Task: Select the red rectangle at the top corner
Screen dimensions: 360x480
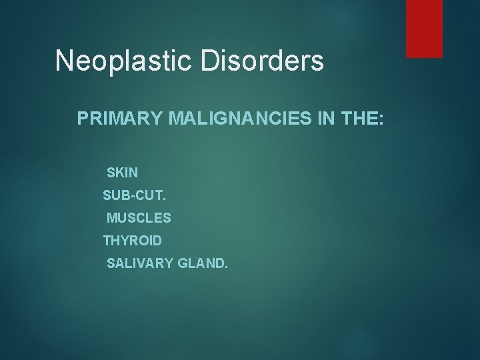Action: pos(425,28)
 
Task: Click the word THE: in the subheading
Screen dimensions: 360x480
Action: pos(357,119)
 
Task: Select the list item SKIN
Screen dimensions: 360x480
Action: pos(122,173)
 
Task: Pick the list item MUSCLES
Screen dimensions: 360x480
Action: pos(139,218)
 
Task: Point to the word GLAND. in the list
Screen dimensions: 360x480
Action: pos(202,264)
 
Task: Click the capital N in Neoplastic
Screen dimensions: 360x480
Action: pos(65,61)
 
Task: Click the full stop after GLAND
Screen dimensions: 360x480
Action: pos(226,267)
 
